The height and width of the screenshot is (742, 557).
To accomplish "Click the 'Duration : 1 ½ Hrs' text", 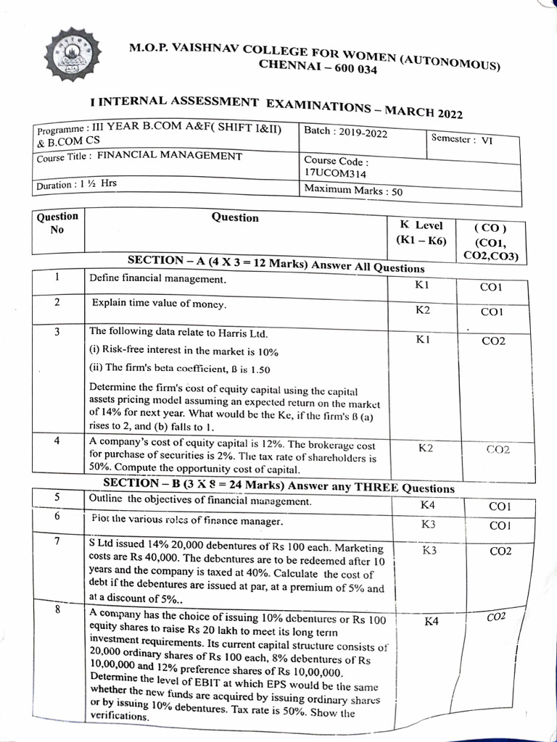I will coord(76,184).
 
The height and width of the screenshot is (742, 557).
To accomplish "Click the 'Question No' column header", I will coord(57,222).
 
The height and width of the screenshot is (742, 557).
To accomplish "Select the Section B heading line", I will coord(278,485).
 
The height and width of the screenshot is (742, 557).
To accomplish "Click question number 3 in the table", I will coord(57,332).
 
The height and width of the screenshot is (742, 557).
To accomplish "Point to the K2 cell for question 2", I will coord(423,310).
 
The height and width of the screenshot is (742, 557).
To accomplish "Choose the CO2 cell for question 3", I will coord(493,341).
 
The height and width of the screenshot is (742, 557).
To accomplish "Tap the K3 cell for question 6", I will coord(429,523).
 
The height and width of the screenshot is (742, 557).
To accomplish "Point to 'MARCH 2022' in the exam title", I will coord(424,112).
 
